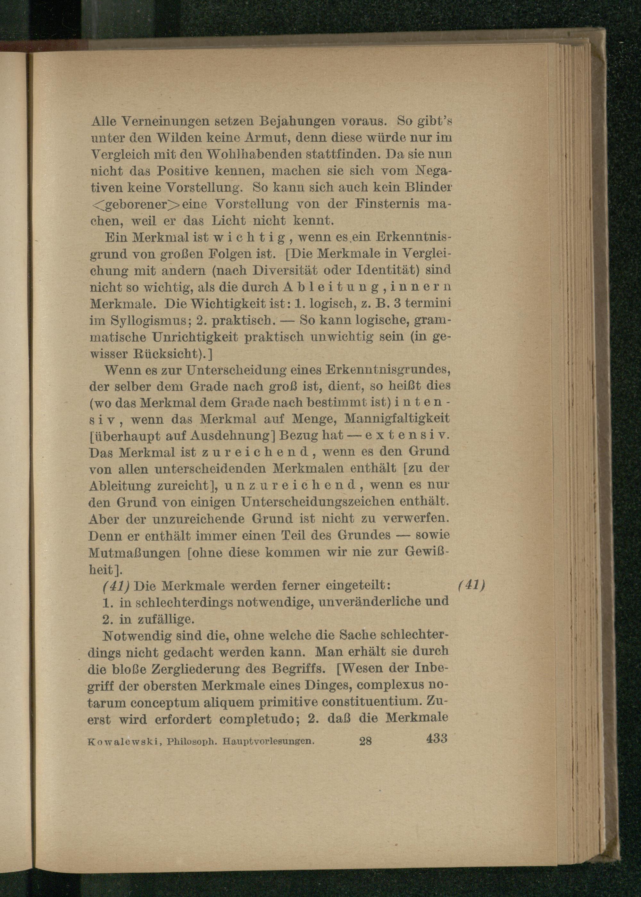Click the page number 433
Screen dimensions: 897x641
[437, 737]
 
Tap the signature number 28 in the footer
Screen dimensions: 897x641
[365, 741]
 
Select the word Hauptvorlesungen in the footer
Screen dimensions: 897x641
[268, 741]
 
